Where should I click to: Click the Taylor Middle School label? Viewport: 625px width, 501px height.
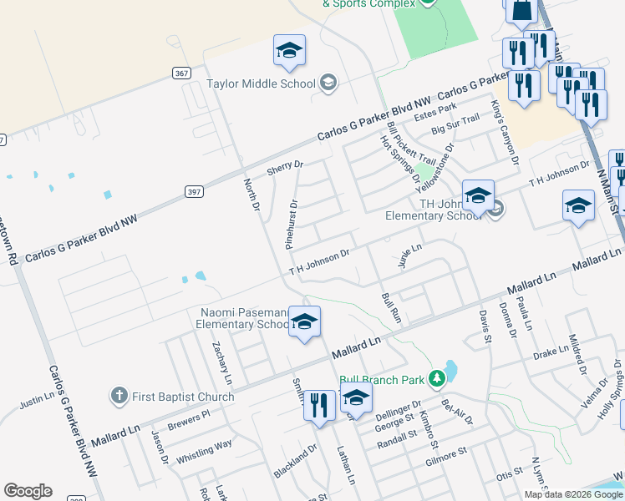261,83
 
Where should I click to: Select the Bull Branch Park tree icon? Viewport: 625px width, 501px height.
435,380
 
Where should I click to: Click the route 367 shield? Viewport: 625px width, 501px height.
182,73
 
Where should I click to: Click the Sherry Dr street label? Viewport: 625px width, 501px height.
284,167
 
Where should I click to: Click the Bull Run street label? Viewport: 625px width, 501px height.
392,306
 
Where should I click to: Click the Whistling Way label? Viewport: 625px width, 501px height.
204,452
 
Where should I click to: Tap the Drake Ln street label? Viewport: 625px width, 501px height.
551,353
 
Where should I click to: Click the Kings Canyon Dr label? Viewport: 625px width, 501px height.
505,132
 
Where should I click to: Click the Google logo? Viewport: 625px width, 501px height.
28,491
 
